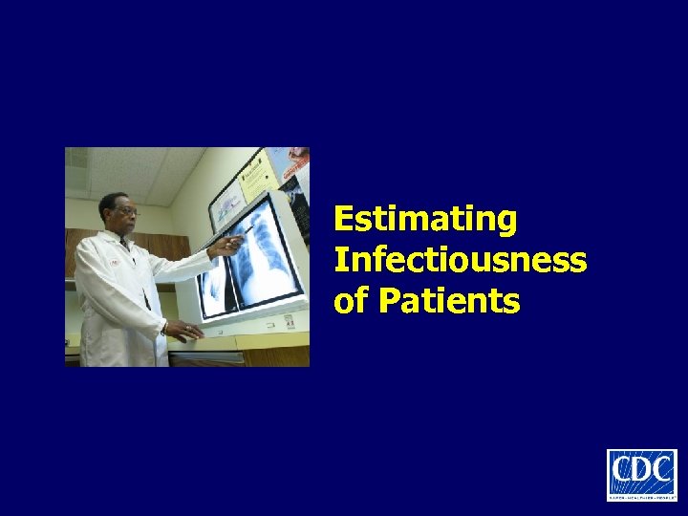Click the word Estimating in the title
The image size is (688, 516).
[425, 220]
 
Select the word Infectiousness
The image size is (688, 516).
[460, 260]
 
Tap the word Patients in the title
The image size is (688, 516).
[449, 301]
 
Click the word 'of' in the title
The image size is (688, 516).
[350, 301]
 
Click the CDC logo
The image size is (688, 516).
[641, 474]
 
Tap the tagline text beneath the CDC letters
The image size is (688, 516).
[641, 493]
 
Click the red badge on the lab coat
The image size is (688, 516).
[114, 262]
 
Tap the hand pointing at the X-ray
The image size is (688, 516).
[224, 247]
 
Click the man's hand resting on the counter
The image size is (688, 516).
[184, 331]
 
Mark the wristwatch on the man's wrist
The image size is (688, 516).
[165, 327]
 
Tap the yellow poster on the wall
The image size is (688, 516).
[254, 171]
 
